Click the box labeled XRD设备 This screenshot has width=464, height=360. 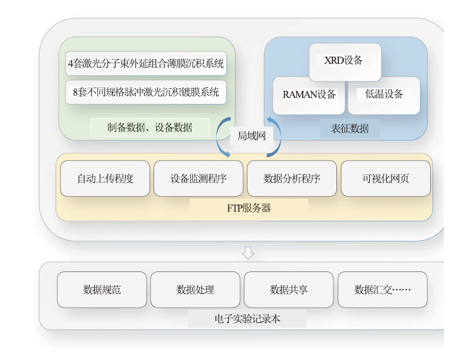345,62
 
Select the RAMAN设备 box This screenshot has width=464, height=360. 309,95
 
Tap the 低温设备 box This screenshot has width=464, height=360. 384,95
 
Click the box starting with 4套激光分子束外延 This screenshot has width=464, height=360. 146,64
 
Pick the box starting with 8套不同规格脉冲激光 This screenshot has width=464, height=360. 146,92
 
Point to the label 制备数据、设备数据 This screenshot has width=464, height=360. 150,128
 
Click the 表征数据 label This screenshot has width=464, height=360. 350,129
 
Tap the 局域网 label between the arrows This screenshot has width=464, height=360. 251,136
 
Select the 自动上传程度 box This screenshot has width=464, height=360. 105,179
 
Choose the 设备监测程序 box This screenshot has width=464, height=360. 199,179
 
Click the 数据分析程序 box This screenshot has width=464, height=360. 292,179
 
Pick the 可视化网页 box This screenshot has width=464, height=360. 386,179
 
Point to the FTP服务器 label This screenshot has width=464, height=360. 249,208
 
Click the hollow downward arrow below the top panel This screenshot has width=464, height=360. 248,253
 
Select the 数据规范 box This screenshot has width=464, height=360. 102,290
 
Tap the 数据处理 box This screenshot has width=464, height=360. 195,290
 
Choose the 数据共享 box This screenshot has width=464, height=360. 288,290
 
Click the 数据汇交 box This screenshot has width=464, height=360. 382,290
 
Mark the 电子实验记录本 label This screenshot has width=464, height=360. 247,319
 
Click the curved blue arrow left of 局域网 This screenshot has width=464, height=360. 217,137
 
